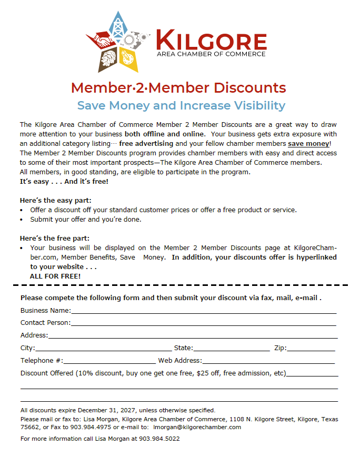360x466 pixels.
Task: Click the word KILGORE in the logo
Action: point(211,41)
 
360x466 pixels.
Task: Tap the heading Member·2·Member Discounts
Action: point(178,87)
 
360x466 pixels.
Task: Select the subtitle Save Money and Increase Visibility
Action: point(181,105)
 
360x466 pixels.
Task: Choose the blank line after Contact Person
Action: point(204,324)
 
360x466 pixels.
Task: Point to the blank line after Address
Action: point(193,337)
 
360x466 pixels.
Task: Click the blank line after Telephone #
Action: point(109,362)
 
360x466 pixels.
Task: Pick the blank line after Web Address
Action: point(268,362)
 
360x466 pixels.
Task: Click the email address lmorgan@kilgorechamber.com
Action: point(197,427)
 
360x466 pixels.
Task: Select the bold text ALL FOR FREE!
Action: point(55,276)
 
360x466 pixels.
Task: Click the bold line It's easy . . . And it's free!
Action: point(64,181)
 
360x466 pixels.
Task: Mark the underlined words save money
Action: point(308,143)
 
